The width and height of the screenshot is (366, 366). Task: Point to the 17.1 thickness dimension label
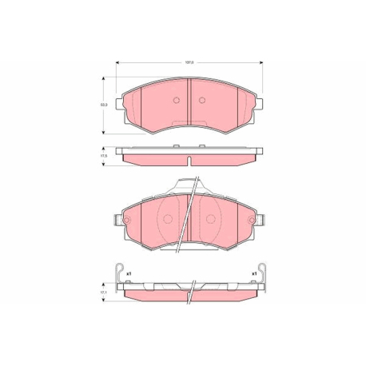pos(103,292)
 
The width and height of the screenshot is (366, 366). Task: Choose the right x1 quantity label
pos(253,274)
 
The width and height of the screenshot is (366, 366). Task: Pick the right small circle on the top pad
pos(202,100)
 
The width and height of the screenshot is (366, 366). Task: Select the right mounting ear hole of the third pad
pos(254,220)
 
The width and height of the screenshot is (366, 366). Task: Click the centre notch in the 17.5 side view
pos(189,162)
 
